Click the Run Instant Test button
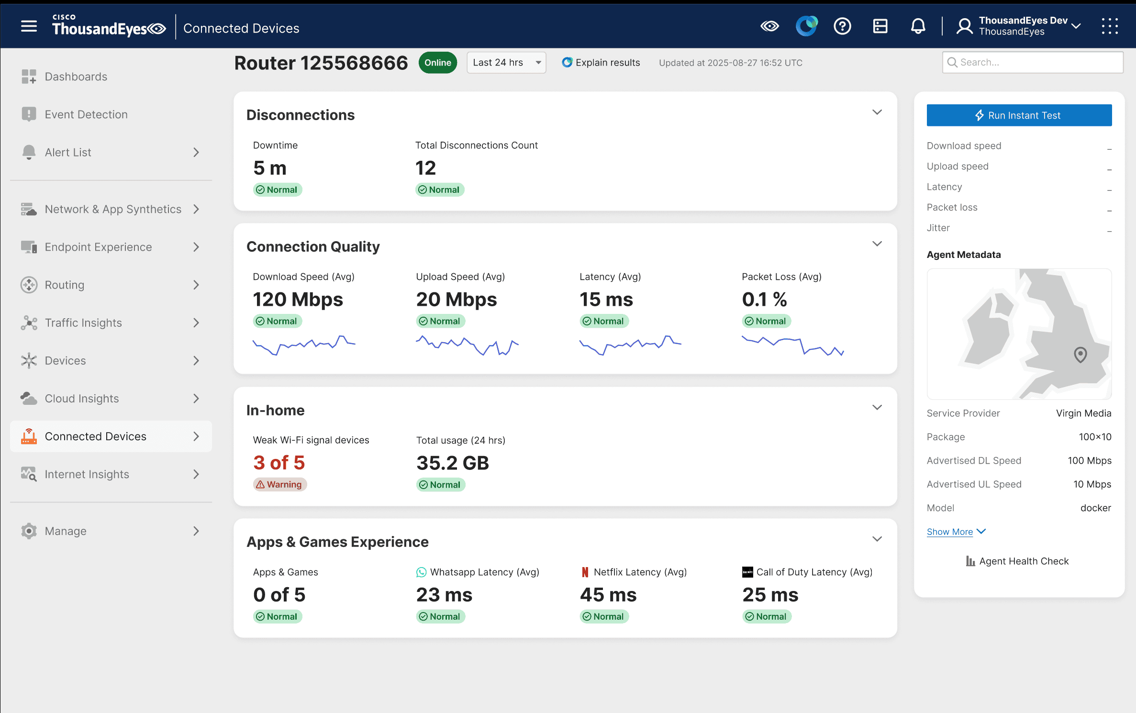1019,115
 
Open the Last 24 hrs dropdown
506,63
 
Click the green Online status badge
437,63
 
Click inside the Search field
1034,62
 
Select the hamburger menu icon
29,26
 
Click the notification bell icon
917,26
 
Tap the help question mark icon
842,26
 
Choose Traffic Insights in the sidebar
83,323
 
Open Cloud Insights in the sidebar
82,399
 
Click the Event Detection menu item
86,114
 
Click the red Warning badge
279,484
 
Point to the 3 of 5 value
279,463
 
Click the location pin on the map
1080,355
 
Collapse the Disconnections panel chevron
877,112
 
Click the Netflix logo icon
585,572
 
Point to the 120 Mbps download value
298,300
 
